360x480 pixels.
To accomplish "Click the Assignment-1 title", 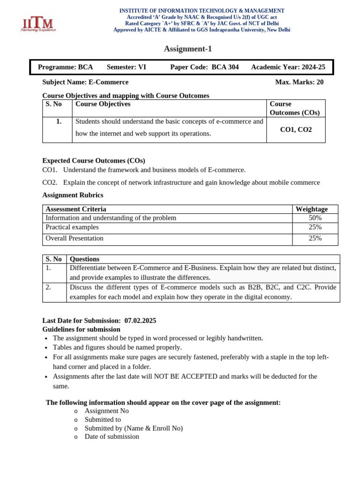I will point(184,49).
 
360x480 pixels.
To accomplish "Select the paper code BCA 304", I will point(225,67).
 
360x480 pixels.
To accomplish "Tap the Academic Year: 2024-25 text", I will point(288,67).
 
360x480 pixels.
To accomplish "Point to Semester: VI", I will point(127,67).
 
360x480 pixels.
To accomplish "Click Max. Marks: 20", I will point(299,82).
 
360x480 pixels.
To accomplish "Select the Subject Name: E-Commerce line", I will point(85,82).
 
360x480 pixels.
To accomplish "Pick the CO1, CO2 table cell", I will point(295,129).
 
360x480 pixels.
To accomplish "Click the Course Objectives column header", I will point(103,104).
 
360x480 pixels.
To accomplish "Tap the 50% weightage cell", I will point(315,218).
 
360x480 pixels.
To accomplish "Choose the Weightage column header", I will point(311,209).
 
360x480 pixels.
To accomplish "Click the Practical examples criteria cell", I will point(72,227).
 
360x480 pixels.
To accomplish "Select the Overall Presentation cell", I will point(75,238).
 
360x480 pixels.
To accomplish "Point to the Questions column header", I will point(84,259).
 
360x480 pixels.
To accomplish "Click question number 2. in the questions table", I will point(48,287).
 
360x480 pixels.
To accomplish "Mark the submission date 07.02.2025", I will point(140,321).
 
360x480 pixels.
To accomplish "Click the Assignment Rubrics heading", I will point(73,195).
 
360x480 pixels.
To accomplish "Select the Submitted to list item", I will point(103,420).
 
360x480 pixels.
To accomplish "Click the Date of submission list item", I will point(112,436).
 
